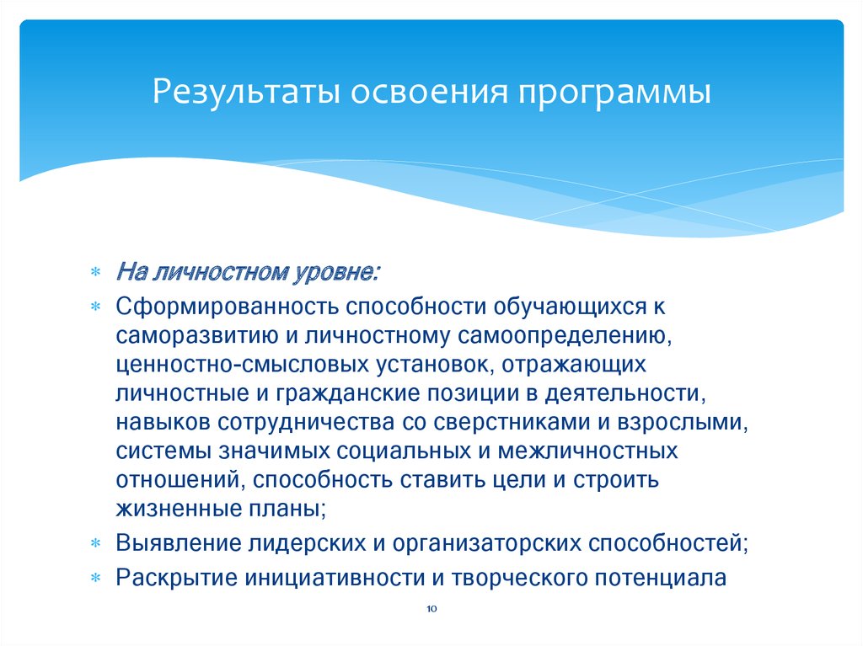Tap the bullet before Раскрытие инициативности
pos(95,578)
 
